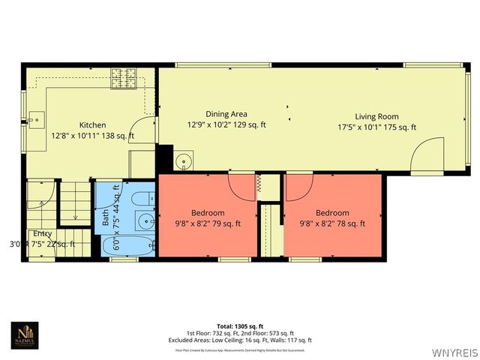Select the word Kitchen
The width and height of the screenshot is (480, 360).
point(93,125)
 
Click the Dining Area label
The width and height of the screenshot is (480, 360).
point(226,114)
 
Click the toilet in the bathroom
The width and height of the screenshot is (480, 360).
point(142,198)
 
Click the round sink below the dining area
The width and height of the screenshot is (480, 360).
point(184,160)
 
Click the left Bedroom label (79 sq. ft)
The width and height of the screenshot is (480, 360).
point(208,213)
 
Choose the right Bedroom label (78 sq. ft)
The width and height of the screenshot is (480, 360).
point(332,213)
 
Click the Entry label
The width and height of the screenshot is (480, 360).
point(42,233)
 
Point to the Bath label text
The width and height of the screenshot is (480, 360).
point(106,217)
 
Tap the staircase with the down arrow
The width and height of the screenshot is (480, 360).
point(68,202)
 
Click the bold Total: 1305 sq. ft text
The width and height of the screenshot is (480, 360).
point(239,326)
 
